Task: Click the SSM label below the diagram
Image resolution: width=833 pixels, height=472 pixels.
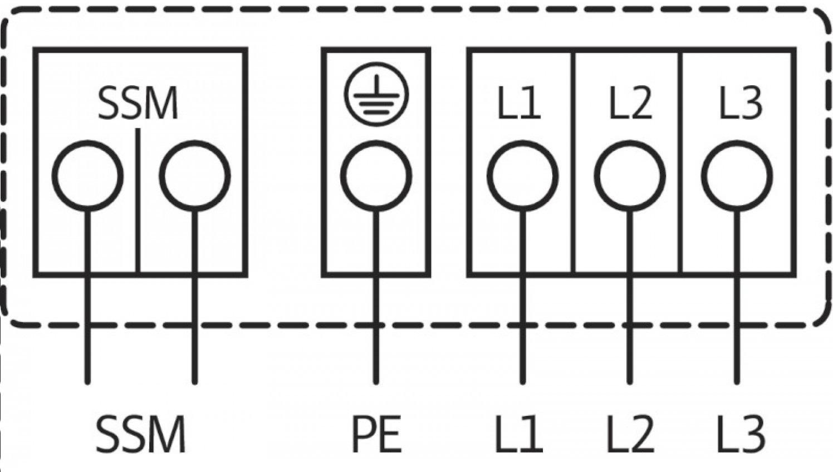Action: tap(140, 434)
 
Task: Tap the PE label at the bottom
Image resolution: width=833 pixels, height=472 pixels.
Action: tap(376, 434)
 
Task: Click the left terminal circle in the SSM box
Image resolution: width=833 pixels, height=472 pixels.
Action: tap(88, 176)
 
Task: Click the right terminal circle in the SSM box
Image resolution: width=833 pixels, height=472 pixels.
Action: tap(195, 176)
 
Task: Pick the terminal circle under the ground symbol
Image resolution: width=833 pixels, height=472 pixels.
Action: tap(376, 176)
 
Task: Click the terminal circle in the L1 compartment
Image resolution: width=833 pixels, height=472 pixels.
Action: tap(522, 176)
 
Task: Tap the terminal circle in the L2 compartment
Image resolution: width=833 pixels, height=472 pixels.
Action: tap(630, 176)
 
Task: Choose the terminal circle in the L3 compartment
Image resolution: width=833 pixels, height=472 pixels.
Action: tap(737, 176)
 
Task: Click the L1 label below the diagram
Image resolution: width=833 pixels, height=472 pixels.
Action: tap(519, 434)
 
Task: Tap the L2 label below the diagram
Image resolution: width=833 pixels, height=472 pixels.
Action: tap(630, 434)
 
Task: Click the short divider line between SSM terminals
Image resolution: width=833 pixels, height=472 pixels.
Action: tap(138, 201)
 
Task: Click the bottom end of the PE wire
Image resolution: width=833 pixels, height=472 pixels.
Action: tap(376, 383)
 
